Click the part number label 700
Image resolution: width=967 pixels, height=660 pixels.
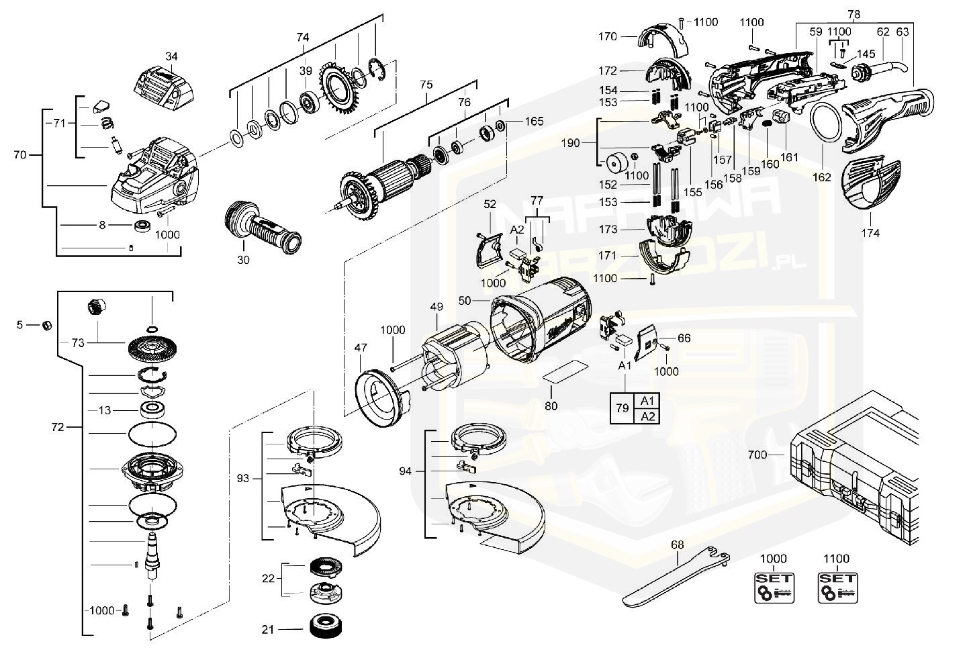tap(757, 455)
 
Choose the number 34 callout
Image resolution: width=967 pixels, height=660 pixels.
tap(171, 56)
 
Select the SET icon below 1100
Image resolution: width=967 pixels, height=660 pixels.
tap(837, 587)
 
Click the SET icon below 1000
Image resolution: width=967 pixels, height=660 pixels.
tap(774, 587)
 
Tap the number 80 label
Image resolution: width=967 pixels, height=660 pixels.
tap(551, 406)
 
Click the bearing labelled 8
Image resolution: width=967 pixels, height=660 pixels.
tap(142, 226)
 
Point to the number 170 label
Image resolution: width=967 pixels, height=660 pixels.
tap(607, 37)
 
